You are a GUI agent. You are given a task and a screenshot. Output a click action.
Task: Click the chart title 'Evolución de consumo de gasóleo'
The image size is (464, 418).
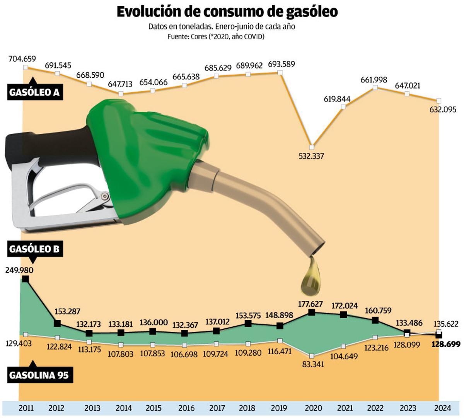[227, 12]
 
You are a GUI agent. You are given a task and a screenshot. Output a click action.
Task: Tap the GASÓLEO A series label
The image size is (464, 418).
[34, 92]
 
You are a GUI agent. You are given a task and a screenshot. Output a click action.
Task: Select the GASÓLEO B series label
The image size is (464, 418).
[34, 249]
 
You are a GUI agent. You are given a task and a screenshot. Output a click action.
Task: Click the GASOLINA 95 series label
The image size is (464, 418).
[39, 375]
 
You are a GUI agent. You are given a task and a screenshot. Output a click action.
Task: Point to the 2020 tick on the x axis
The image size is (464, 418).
[313, 408]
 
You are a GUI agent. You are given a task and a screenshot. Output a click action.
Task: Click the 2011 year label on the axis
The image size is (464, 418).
[26, 408]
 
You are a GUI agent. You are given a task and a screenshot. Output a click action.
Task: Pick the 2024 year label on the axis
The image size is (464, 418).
[442, 408]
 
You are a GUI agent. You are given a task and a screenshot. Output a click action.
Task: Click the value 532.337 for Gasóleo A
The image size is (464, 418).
[311, 156]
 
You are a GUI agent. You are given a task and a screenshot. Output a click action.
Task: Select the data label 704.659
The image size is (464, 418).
[22, 59]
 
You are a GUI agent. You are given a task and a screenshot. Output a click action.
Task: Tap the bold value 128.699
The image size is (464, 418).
[445, 344]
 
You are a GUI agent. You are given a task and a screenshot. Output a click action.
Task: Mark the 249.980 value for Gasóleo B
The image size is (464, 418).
[19, 270]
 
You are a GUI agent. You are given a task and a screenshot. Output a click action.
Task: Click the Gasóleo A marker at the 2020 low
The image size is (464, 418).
[312, 147]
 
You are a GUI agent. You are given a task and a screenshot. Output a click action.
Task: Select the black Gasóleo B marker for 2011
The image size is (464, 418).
[26, 279]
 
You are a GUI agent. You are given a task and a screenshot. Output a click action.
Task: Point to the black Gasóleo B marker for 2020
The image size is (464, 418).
[312, 312]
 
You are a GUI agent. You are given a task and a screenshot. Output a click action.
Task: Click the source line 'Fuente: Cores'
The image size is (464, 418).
[216, 36]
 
